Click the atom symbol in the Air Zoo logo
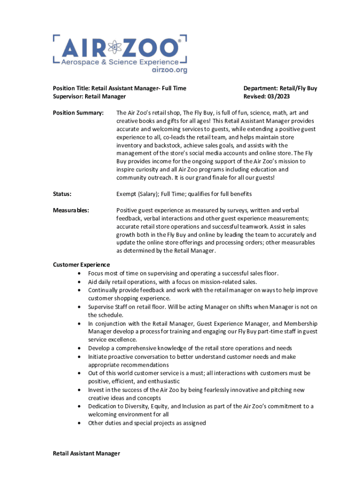click(114, 47)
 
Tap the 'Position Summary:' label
click(78, 113)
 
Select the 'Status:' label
click(63, 194)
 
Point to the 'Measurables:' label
click(71, 210)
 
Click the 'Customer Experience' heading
click(81, 265)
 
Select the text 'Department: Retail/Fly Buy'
click(280, 88)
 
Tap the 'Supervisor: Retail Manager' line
click(89, 96)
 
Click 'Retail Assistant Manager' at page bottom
click(86, 453)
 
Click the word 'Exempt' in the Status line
click(126, 194)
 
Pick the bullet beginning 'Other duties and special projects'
click(147, 423)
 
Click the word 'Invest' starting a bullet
click(96, 390)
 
